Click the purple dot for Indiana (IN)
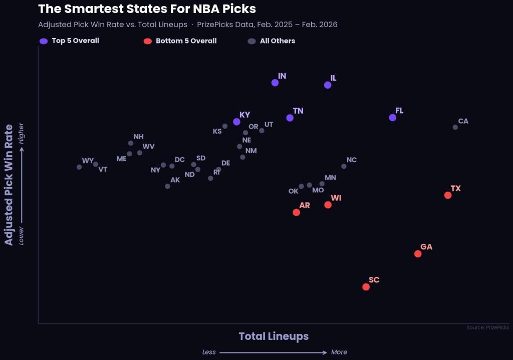pyautogui.click(x=275, y=83)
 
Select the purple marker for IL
pyautogui.click(x=328, y=85)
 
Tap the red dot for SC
pyautogui.click(x=366, y=287)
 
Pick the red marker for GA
pyautogui.click(x=418, y=254)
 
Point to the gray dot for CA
pyautogui.click(x=455, y=127)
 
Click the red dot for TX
pyautogui.click(x=448, y=195)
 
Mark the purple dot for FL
pyautogui.click(x=393, y=118)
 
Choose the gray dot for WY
pyautogui.click(x=79, y=167)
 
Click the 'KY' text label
pyautogui.click(x=244, y=115)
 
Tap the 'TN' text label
pyautogui.click(x=298, y=111)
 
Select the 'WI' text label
pyautogui.click(x=336, y=198)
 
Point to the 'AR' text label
pyautogui.click(x=305, y=205)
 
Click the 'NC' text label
pyautogui.click(x=352, y=160)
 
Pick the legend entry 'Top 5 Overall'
pyautogui.click(x=75, y=41)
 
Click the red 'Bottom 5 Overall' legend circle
pyautogui.click(x=147, y=41)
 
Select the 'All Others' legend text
pyautogui.click(x=278, y=41)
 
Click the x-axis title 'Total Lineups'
pyautogui.click(x=274, y=336)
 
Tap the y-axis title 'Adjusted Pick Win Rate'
pyautogui.click(x=9, y=185)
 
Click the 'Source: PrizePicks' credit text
pyautogui.click(x=487, y=327)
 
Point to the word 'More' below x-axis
pyautogui.click(x=339, y=352)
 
